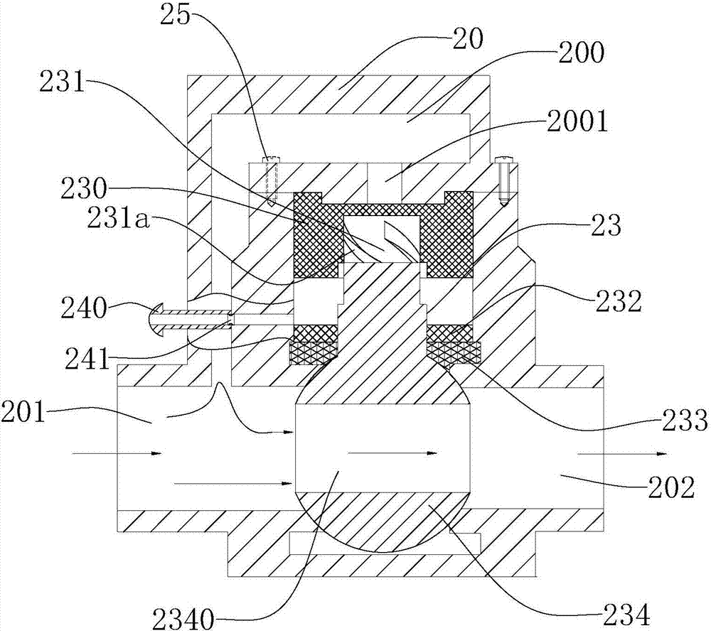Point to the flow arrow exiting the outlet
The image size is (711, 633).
622,453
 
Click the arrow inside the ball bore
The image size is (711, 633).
392,453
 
